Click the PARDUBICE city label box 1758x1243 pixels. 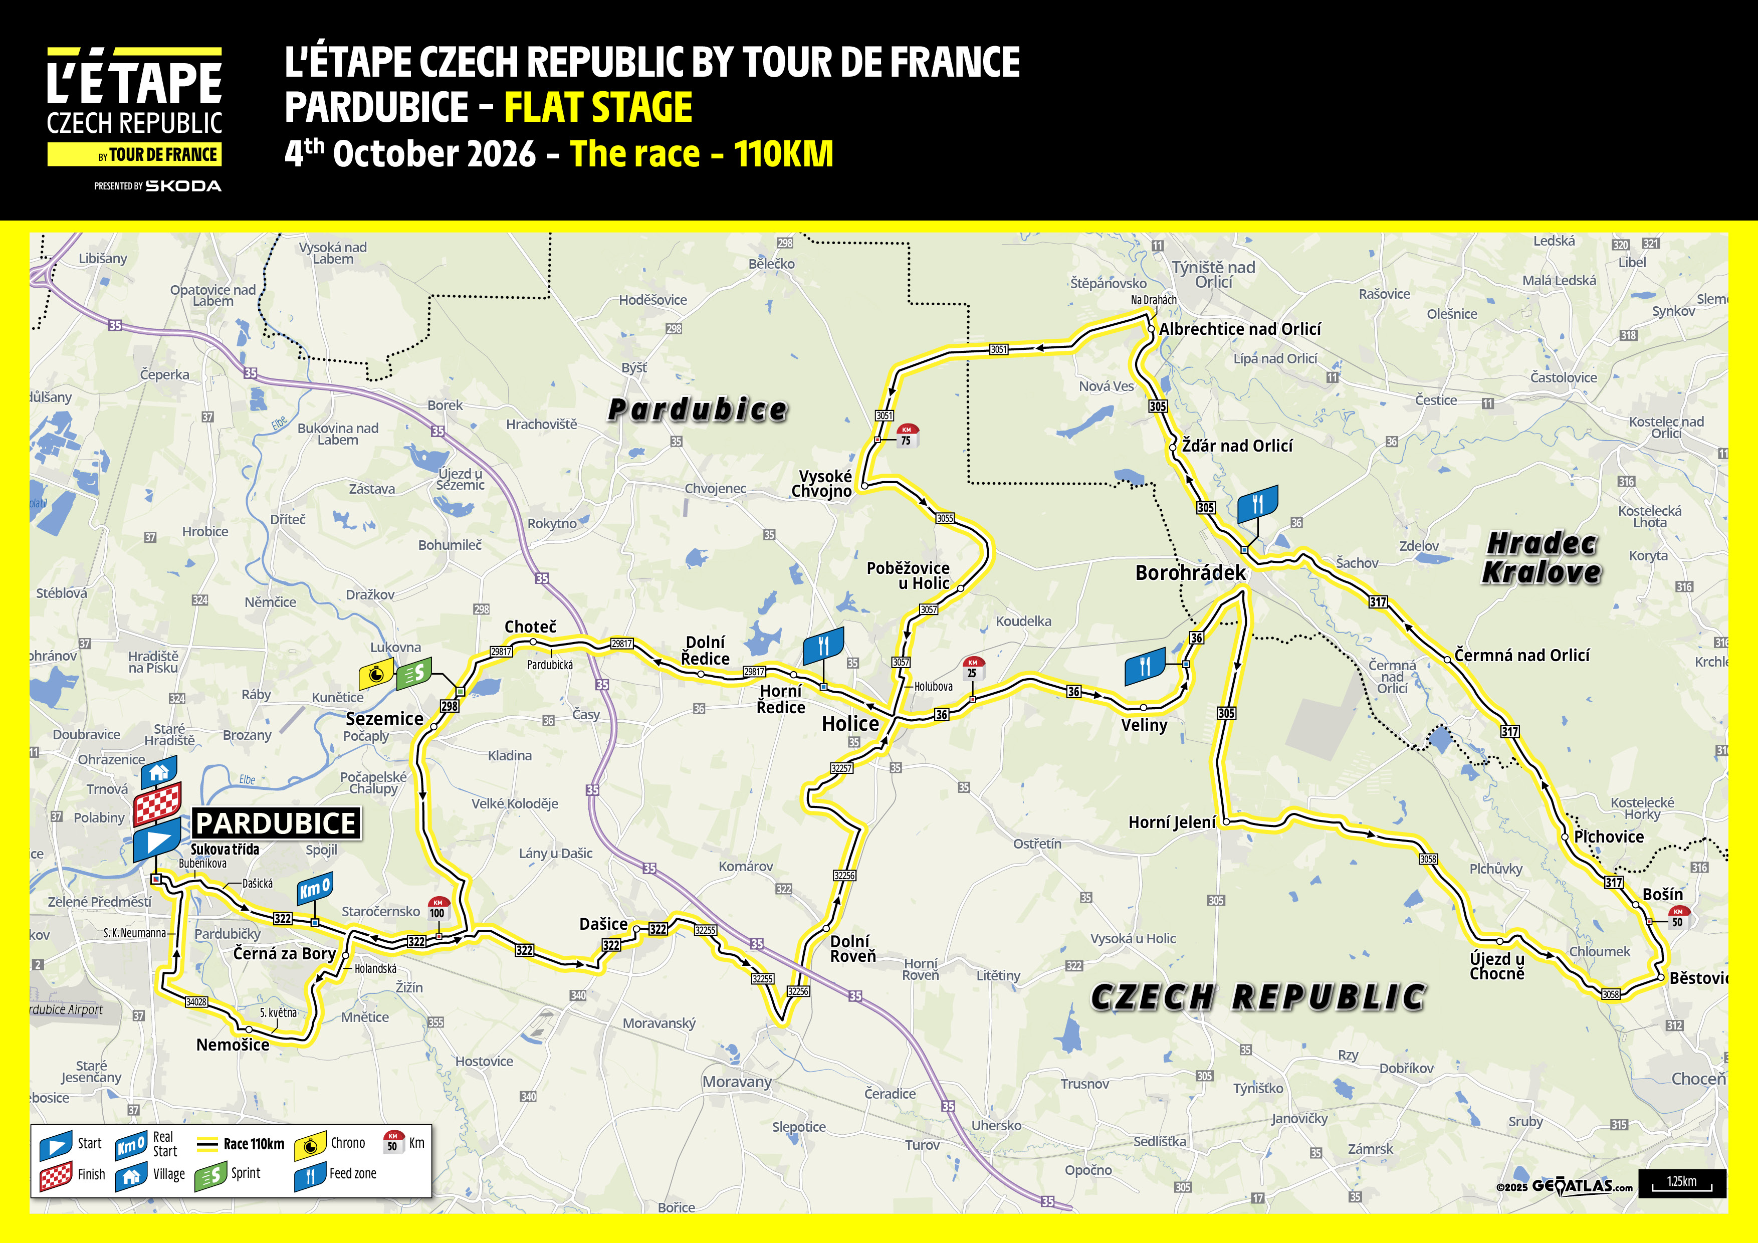(276, 823)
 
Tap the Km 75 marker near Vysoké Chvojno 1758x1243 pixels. (907, 435)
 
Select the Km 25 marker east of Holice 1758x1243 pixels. (972, 668)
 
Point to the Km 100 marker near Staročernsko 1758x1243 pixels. (438, 908)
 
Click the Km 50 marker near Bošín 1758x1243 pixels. (1678, 917)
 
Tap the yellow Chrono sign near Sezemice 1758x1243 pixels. (376, 675)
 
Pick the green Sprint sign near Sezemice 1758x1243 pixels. (413, 673)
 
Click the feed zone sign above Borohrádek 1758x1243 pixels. (1257, 504)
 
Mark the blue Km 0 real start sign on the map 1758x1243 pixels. (315, 889)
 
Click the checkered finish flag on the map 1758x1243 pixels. (158, 803)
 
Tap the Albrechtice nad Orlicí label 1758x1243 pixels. (1240, 329)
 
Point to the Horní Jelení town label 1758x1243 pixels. (1172, 822)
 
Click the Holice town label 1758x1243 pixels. (850, 724)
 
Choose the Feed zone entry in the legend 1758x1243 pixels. (337, 1174)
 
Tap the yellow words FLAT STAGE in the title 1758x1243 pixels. (598, 107)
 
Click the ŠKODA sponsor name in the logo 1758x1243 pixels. (184, 186)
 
